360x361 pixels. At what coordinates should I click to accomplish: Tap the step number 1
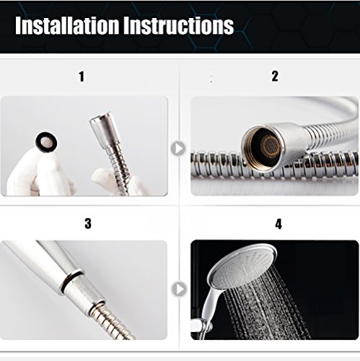(x=82, y=76)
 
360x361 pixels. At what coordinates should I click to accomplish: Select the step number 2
(x=274, y=76)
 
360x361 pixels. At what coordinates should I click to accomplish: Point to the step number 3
(x=87, y=223)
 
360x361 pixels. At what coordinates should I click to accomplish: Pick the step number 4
(x=278, y=223)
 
